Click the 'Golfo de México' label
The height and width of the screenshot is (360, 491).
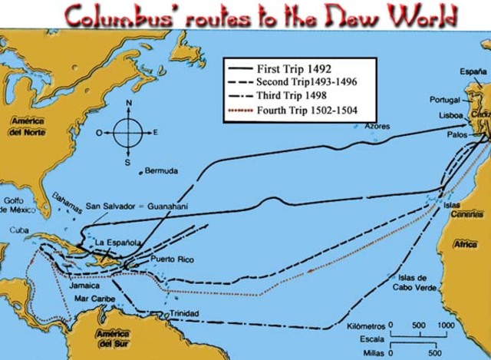[18, 205]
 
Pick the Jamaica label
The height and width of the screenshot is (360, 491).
[83, 283]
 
